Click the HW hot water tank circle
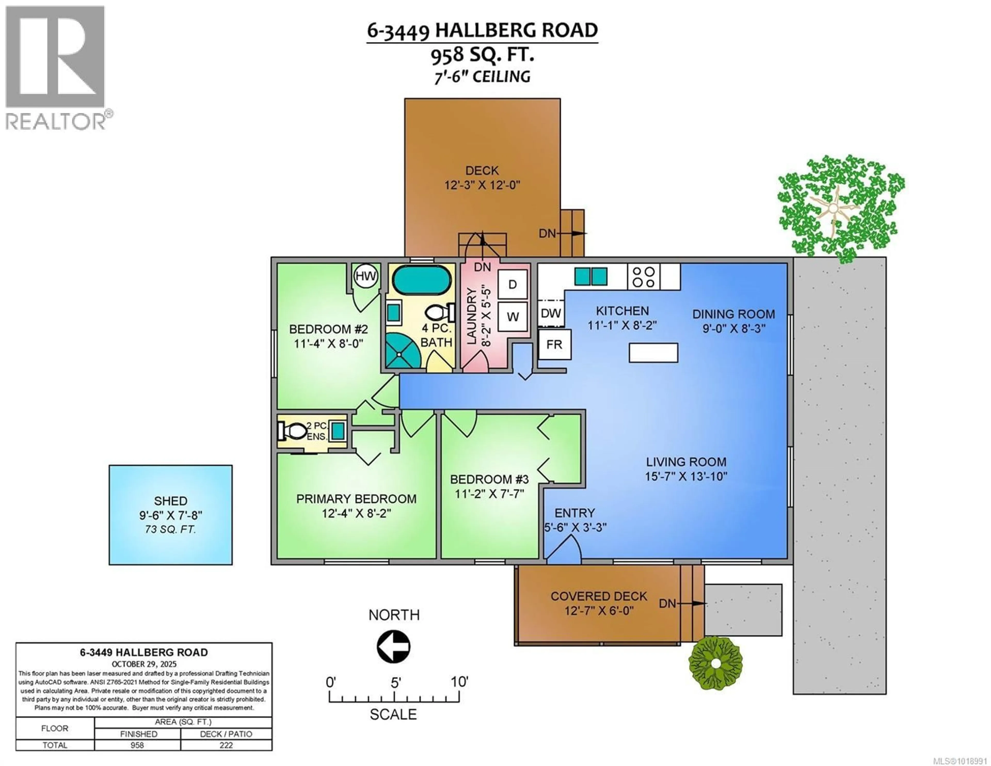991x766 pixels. (366, 276)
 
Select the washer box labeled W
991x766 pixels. (512, 317)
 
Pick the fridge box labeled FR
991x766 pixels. (554, 345)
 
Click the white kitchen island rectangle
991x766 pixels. (653, 353)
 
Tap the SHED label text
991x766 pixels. (171, 501)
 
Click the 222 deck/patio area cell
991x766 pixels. (226, 745)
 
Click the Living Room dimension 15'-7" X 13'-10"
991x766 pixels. (686, 476)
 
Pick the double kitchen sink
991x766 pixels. (590, 276)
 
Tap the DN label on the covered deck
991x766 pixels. (667, 603)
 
